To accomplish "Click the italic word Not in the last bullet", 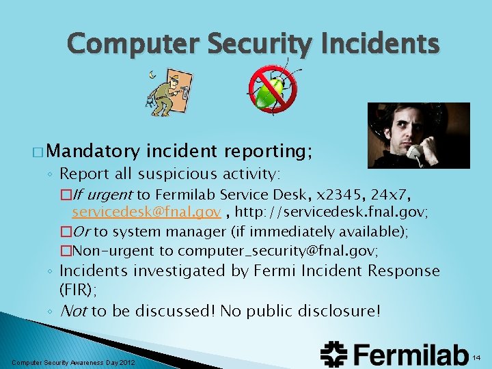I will coord(74,311).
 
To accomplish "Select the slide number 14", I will coord(477,357).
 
